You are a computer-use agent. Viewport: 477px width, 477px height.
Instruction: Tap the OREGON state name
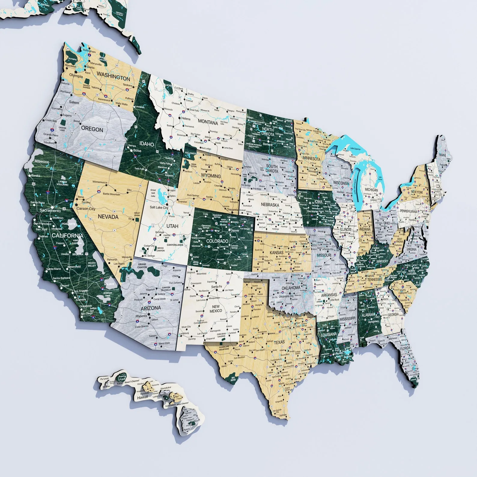click(92, 129)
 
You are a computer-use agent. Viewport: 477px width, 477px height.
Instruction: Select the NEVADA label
click(108, 217)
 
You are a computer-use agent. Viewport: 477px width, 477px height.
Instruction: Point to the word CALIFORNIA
click(67, 235)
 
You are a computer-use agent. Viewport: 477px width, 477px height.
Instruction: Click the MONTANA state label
click(208, 122)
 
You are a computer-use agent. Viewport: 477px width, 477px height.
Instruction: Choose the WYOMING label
click(211, 176)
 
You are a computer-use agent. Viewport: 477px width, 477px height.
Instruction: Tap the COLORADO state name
click(217, 241)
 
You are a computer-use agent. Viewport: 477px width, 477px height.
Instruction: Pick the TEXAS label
click(279, 342)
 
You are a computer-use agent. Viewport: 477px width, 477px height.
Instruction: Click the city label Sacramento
click(50, 211)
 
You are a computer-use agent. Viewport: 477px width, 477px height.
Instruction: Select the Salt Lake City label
click(159, 207)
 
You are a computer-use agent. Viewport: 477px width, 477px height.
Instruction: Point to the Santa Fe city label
click(217, 287)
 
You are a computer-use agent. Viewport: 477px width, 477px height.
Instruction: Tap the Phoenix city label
click(141, 316)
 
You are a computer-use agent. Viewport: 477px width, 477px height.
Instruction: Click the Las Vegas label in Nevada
click(119, 264)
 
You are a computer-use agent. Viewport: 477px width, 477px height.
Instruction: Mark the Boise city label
click(137, 150)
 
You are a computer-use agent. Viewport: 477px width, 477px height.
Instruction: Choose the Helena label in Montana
click(186, 118)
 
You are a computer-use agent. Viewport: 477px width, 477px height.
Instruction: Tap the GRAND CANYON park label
click(142, 266)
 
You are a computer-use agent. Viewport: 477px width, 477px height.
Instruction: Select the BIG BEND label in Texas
click(233, 378)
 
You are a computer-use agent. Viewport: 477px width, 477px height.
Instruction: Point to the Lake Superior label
click(355, 149)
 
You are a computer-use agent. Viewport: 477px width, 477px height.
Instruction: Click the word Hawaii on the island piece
click(142, 397)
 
